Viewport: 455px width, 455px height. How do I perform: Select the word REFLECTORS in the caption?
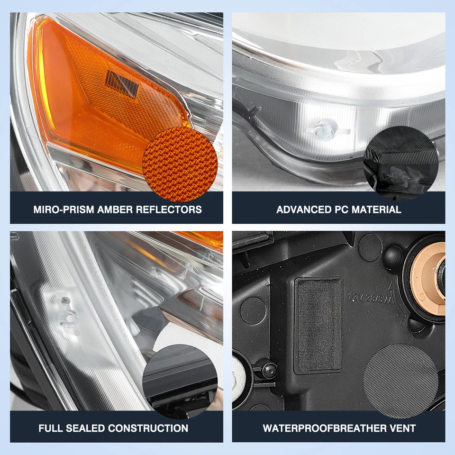click(169, 209)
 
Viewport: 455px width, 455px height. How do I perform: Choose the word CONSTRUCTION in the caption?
click(148, 428)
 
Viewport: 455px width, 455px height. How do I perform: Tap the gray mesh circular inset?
click(400, 374)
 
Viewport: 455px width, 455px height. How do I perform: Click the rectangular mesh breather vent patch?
click(318, 325)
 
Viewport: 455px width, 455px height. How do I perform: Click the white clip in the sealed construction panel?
click(66, 310)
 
